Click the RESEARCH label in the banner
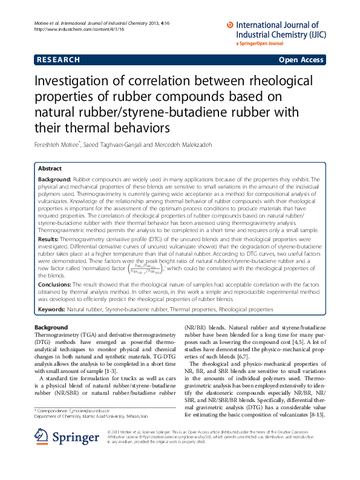58,60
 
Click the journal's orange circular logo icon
229,25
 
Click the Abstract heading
50,168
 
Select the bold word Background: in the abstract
54,180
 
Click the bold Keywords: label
51,309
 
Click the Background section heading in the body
51,327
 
